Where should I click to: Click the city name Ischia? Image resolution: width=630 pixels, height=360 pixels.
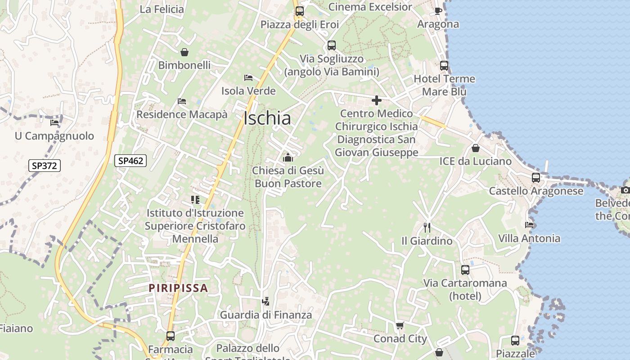click(x=267, y=118)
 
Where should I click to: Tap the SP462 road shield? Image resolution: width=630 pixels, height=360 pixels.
click(x=130, y=160)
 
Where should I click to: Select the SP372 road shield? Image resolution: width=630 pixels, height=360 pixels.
click(x=44, y=166)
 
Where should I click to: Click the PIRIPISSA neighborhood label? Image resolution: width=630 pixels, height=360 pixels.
click(x=178, y=288)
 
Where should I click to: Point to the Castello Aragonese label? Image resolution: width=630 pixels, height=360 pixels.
click(x=536, y=191)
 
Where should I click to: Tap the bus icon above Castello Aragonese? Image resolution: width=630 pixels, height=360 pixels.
click(x=535, y=177)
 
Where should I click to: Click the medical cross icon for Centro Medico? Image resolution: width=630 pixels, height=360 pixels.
click(x=377, y=100)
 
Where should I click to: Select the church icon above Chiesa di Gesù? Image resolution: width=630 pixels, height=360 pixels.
click(x=288, y=157)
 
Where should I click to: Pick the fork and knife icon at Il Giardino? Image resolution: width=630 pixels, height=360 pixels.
click(x=427, y=227)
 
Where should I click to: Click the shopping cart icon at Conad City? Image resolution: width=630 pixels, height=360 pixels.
click(x=400, y=325)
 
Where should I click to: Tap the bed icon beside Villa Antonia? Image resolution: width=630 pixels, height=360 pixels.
click(x=529, y=225)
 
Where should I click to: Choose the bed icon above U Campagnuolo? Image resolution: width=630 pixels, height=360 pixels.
click(x=54, y=122)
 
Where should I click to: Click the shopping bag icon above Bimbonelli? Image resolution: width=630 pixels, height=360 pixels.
click(x=184, y=52)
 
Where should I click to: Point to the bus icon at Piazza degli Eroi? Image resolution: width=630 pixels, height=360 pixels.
click(x=300, y=11)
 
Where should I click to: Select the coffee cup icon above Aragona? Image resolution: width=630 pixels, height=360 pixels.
click(x=438, y=10)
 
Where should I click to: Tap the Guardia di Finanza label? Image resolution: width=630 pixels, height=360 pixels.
click(x=265, y=315)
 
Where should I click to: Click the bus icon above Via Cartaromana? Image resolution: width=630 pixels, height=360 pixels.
click(x=465, y=270)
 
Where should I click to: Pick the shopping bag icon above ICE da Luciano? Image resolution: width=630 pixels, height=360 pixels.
click(x=476, y=148)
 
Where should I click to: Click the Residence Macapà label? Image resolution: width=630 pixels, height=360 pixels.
click(x=182, y=114)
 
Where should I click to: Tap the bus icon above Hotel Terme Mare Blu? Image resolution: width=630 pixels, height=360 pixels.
click(x=444, y=66)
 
